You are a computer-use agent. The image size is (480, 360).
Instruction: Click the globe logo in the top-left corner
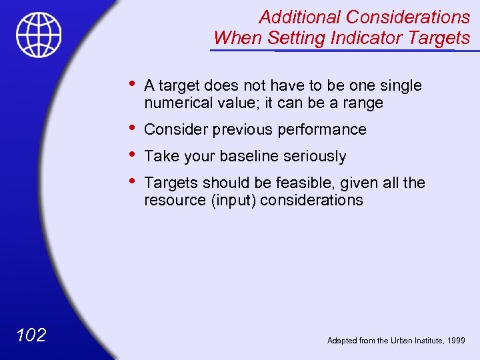tap(39, 35)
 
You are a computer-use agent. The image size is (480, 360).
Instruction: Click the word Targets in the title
tap(441, 38)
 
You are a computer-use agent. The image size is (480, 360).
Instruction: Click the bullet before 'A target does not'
tap(133, 84)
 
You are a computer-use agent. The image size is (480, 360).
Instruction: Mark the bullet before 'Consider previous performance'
tap(133, 128)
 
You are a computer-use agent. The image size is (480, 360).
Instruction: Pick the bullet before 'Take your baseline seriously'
tap(133, 155)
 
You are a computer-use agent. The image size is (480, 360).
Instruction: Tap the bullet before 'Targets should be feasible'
tap(133, 181)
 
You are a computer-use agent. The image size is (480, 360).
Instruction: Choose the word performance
tap(325, 129)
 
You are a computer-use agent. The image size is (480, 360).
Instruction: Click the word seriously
tap(315, 157)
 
